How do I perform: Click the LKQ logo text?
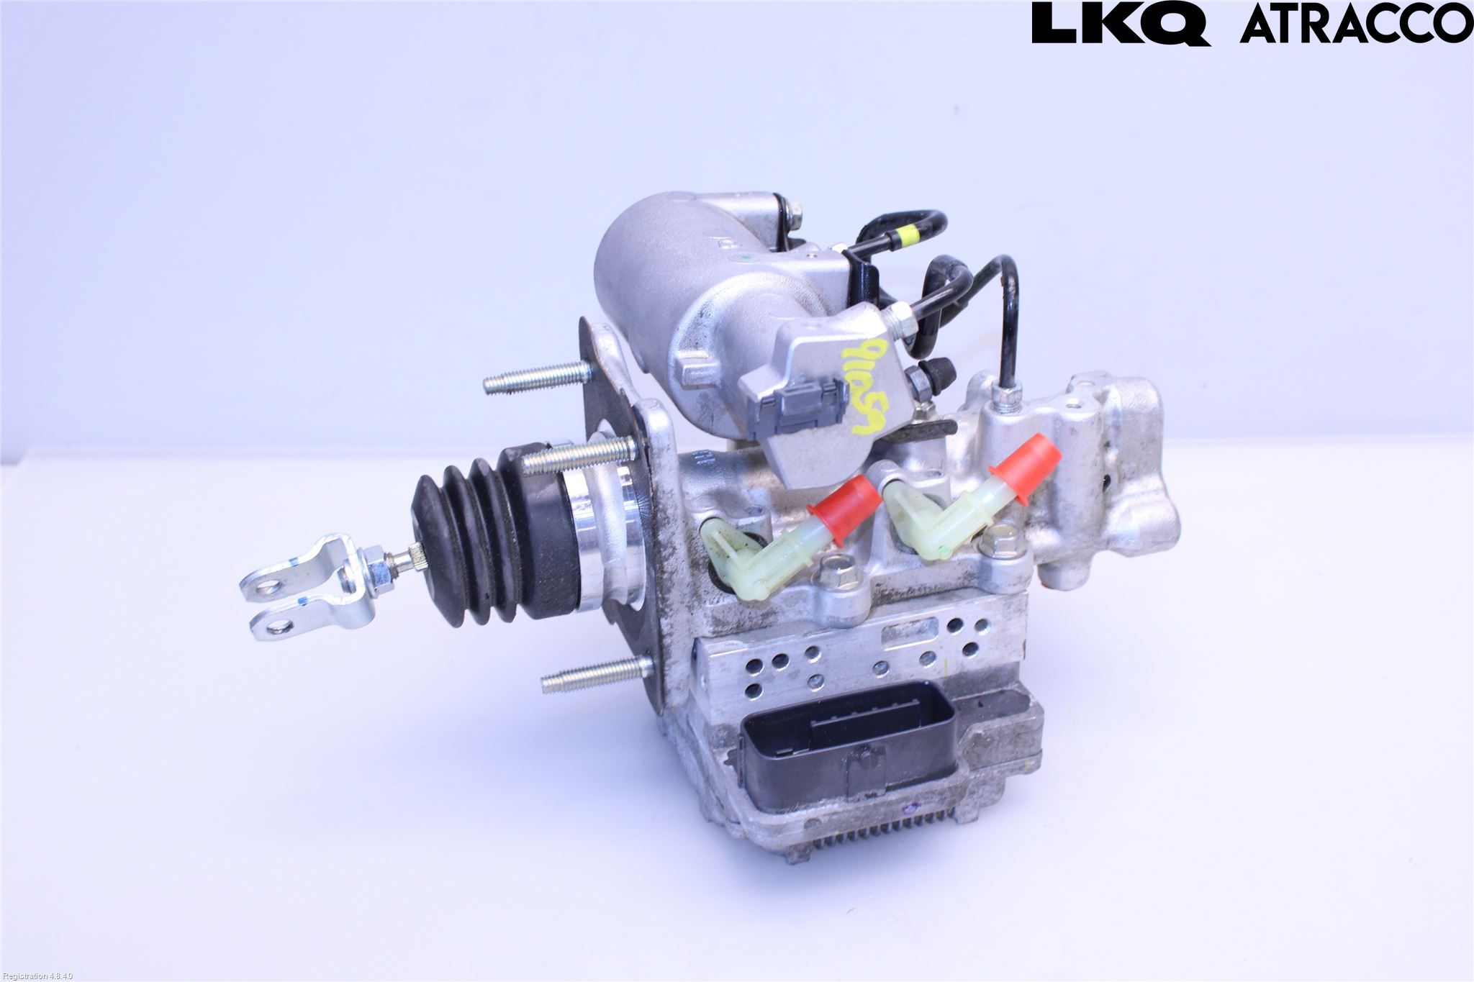click(1120, 24)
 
